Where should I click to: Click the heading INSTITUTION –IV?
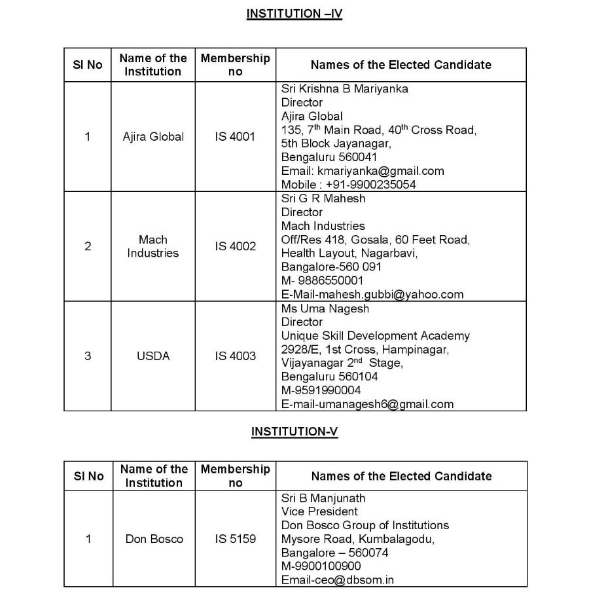(294, 14)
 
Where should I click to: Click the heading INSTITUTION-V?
(294, 431)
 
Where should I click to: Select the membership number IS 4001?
(235, 137)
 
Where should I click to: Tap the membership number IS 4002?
(235, 246)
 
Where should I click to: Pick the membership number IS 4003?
(235, 356)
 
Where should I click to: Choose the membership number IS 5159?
(235, 539)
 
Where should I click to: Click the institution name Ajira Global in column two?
(153, 137)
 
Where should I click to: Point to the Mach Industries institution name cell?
(153, 246)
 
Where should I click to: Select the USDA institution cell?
(153, 356)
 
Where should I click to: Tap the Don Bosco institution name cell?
(154, 539)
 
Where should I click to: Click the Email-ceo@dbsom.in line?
(338, 580)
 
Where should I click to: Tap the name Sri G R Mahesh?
(323, 198)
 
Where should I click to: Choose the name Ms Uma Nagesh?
(325, 308)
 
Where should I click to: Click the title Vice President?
(319, 511)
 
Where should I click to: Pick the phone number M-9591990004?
(321, 390)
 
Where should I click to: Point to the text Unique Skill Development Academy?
(376, 336)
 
